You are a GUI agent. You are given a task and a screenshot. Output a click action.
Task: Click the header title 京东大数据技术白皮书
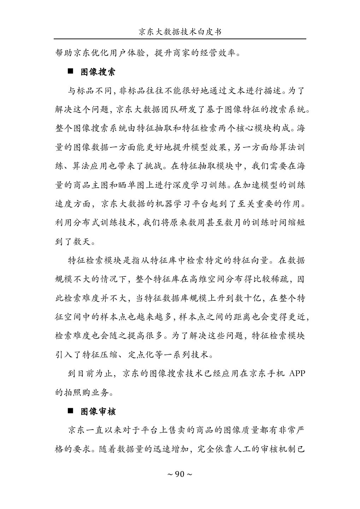180,32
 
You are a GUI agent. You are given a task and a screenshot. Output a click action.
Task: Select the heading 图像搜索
98,72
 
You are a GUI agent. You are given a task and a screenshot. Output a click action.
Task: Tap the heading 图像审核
98,411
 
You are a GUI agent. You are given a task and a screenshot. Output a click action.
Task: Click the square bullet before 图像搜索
70,72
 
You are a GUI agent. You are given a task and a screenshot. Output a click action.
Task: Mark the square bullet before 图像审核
70,411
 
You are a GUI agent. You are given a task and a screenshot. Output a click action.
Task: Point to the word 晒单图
144,185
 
